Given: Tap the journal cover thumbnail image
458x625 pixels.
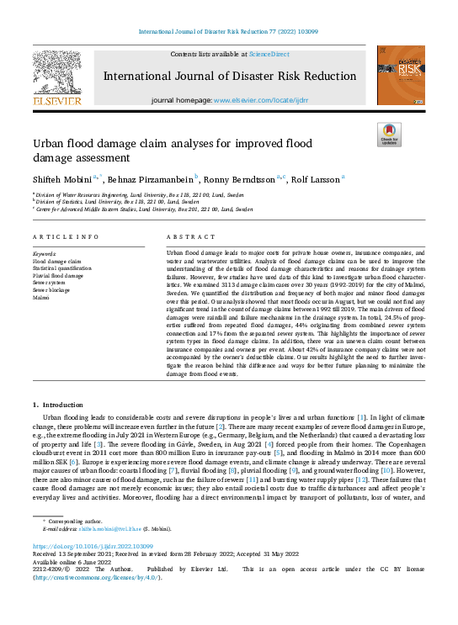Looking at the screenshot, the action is tap(400, 76).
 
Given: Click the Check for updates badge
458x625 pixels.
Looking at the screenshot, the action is tap(389, 135).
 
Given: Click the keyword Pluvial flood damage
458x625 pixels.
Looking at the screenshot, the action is tap(57, 276).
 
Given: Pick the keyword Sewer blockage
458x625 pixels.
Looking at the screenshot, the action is tap(52, 291).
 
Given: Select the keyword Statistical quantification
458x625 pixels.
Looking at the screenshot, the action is tap(61, 268).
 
